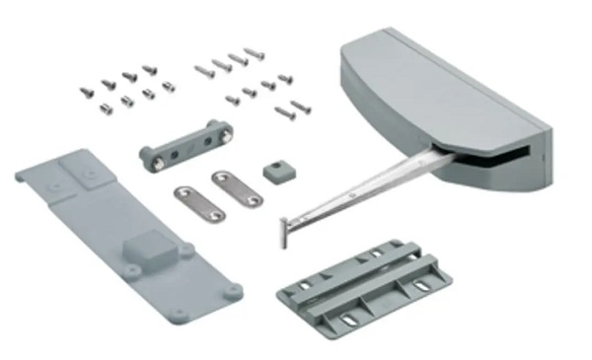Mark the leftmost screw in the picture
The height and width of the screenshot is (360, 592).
tap(86, 92)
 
